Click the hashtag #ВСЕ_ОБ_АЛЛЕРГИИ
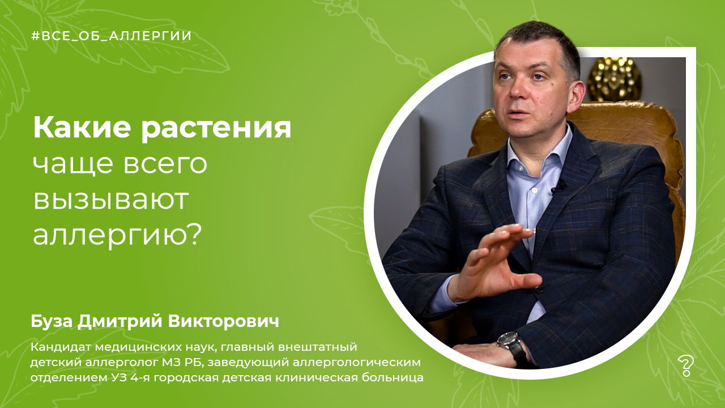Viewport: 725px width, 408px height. [111, 36]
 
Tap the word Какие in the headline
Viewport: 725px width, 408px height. [82, 128]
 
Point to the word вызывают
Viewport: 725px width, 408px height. [111, 199]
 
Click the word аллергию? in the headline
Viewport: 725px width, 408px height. [117, 236]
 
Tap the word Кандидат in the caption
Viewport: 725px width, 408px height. [61, 347]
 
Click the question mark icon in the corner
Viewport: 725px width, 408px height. [685, 365]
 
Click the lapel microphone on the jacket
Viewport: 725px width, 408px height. [558, 186]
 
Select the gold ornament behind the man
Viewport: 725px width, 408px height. [614, 79]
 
